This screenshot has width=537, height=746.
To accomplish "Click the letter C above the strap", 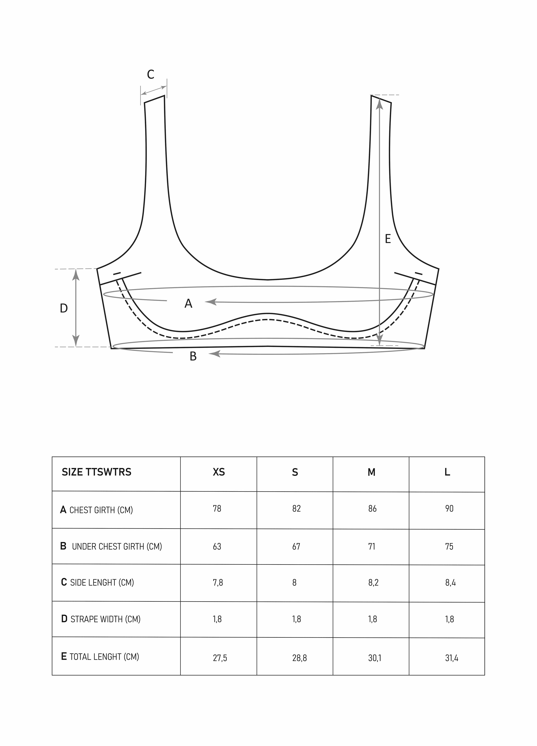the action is point(151,75).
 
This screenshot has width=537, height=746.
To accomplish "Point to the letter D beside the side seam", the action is point(64,308).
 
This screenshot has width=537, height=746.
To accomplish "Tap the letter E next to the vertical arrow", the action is point(388,239).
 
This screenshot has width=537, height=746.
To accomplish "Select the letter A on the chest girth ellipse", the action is point(188,303).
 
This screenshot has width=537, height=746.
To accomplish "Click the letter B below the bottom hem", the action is point(193,356).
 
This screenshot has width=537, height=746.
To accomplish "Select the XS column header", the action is point(219,472).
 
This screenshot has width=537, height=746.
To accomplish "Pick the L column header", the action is point(447,472).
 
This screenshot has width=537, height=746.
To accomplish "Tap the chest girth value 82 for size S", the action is point(296,509).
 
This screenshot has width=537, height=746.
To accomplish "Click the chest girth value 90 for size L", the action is point(449,509).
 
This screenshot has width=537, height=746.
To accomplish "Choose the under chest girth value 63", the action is point(217,546).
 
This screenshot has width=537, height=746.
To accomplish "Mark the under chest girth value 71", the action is point(372,546).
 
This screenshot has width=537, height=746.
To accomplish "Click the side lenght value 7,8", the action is point(218,583).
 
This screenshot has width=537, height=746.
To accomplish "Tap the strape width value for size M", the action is point(373,619).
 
